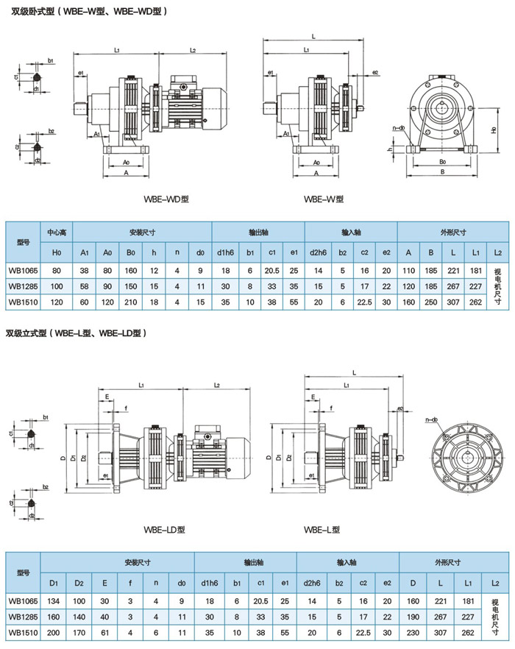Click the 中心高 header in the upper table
pyautogui.click(x=57, y=233)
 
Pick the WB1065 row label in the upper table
pyautogui.click(x=23, y=270)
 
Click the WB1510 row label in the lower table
pyautogui.click(x=23, y=631)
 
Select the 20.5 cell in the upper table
pyautogui.click(x=271, y=270)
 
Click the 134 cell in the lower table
pyautogui.click(x=54, y=600)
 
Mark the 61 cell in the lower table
pyautogui.click(x=105, y=631)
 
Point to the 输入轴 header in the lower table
pyautogui.click(x=348, y=563)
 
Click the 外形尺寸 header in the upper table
pyautogui.click(x=452, y=233)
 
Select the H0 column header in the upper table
pyautogui.click(x=57, y=252)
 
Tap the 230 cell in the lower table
pyautogui.click(x=413, y=631)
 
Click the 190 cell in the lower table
pyautogui.click(x=413, y=616)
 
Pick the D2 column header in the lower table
pyautogui.click(x=79, y=583)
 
